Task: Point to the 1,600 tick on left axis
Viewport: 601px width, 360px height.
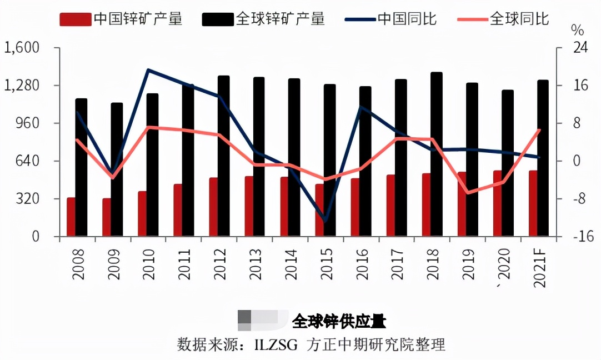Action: point(22,48)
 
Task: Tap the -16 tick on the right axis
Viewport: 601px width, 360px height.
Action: point(582,237)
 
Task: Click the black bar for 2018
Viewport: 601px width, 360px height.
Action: point(437,154)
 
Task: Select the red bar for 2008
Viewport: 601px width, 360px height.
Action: point(71,217)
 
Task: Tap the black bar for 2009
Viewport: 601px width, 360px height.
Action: point(117,169)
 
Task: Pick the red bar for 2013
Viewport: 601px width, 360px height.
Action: point(249,206)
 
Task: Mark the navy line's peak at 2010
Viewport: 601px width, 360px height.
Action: point(148,70)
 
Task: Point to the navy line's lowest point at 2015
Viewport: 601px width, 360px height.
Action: point(325,221)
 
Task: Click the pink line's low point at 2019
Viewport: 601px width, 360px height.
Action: point(468,193)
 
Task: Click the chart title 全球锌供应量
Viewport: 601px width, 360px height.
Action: point(339,321)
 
